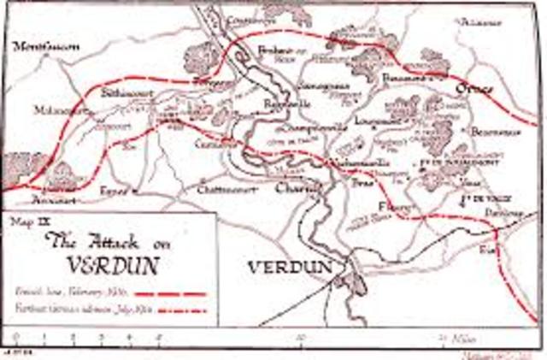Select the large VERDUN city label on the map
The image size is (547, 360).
coord(289,268)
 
